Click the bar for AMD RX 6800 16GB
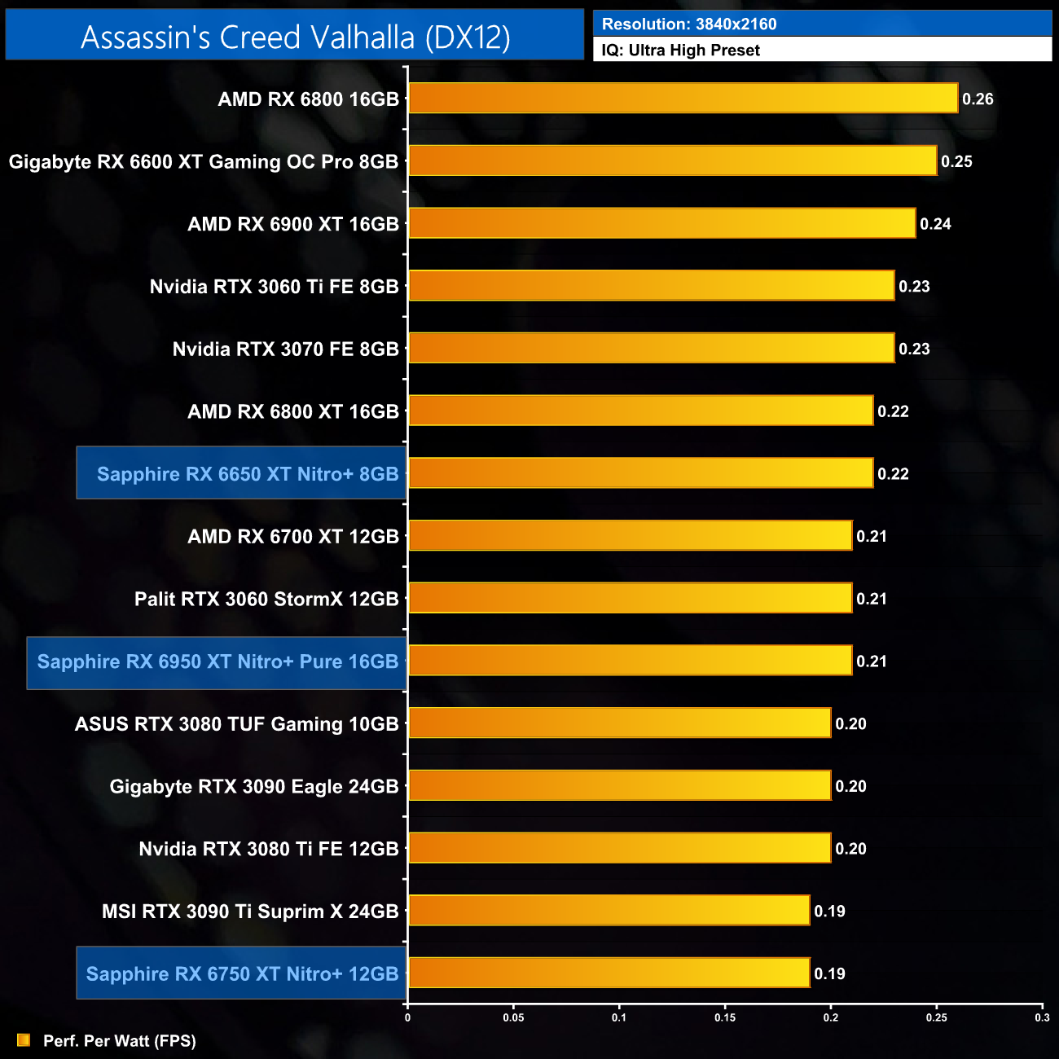pyautogui.click(x=683, y=99)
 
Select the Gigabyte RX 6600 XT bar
pyautogui.click(x=672, y=161)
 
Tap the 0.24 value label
pyautogui.click(x=935, y=224)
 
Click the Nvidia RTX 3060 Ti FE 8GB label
pyautogui.click(x=274, y=287)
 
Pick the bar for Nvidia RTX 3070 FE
pyautogui.click(x=651, y=349)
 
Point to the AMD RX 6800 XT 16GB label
pyautogui.click(x=293, y=411)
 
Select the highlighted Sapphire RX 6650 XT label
pyautogui.click(x=248, y=474)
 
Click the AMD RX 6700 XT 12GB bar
pyautogui.click(x=630, y=536)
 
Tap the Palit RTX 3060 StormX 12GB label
pyautogui.click(x=266, y=599)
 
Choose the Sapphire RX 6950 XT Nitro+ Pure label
pyautogui.click(x=218, y=661)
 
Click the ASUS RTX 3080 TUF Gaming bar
pyautogui.click(x=619, y=723)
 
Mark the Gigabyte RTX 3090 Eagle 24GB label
pyautogui.click(x=254, y=786)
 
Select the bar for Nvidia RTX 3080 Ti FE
pyautogui.click(x=619, y=849)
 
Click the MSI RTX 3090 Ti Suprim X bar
pyautogui.click(x=609, y=911)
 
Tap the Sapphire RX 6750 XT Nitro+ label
pyautogui.click(x=242, y=973)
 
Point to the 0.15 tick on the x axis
pyautogui.click(x=725, y=1017)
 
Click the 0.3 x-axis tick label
pyautogui.click(x=1042, y=1017)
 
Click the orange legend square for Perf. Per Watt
pyautogui.click(x=24, y=1040)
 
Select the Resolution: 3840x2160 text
pyautogui.click(x=689, y=24)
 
